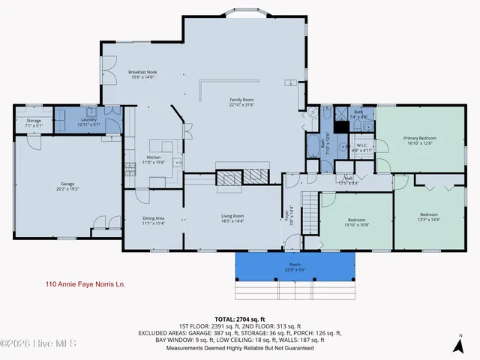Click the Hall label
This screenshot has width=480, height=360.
[349, 180]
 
